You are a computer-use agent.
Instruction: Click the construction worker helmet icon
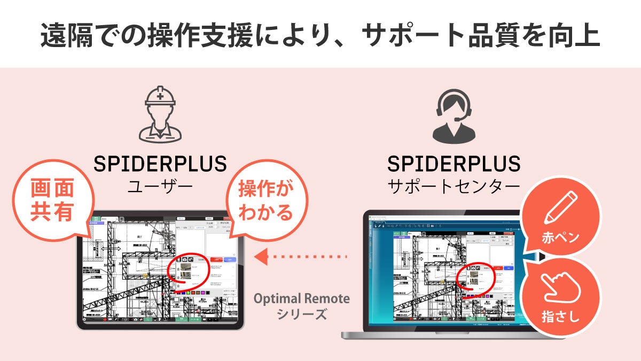[x=160, y=114]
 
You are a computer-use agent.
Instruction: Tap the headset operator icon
[x=454, y=116]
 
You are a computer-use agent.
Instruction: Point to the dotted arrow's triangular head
[x=261, y=257]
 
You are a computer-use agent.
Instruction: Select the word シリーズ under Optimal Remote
[x=302, y=314]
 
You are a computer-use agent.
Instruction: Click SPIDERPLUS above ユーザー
[x=160, y=164]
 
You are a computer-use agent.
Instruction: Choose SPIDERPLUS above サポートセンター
[x=454, y=164]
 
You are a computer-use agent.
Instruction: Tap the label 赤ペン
[x=559, y=238]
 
